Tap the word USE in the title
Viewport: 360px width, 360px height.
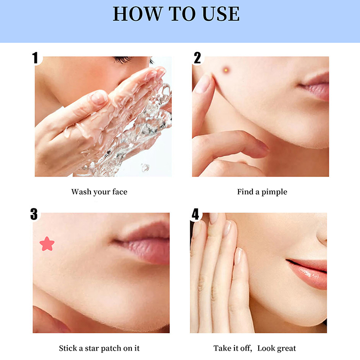click(x=221, y=14)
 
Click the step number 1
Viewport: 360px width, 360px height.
click(x=35, y=58)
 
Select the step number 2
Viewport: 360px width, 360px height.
click(x=197, y=58)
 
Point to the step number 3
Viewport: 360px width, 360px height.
click(x=34, y=214)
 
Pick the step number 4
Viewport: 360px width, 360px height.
click(x=195, y=214)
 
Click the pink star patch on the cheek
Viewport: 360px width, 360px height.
click(x=47, y=244)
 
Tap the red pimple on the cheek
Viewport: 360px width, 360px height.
click(x=226, y=70)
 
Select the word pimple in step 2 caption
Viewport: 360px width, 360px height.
click(x=274, y=192)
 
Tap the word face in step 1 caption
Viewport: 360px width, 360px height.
click(x=120, y=192)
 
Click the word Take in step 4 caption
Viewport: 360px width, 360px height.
click(x=222, y=348)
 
